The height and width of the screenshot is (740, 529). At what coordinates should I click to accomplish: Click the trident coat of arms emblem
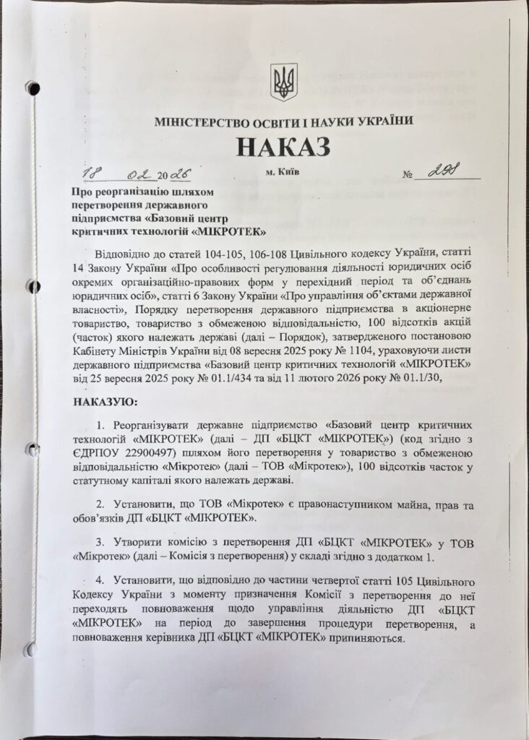(x=283, y=82)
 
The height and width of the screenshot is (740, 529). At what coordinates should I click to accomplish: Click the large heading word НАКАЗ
(x=283, y=146)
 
